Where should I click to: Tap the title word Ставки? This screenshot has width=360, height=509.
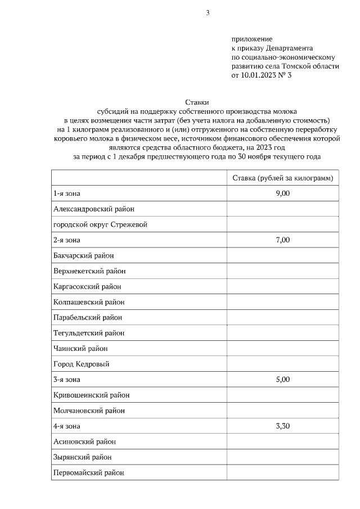click(x=197, y=103)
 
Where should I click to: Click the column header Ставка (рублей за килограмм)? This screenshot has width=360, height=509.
click(x=283, y=178)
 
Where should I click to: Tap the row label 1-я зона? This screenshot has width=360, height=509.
click(x=67, y=194)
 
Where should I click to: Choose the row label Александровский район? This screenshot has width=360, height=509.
click(x=94, y=209)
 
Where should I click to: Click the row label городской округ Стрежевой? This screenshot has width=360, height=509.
click(x=100, y=225)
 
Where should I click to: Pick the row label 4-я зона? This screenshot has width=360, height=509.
click(x=67, y=426)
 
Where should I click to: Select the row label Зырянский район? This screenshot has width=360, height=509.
click(x=83, y=457)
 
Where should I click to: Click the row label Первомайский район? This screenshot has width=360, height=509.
click(x=88, y=473)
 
